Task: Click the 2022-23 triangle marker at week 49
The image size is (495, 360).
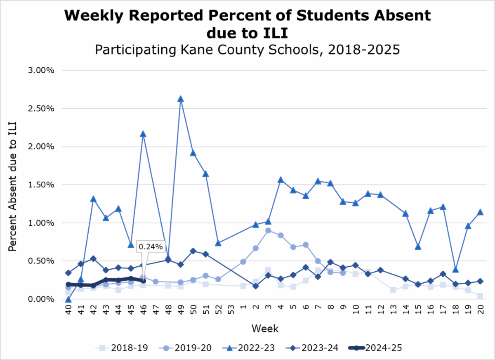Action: [180, 99]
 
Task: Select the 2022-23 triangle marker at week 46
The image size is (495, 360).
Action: [143, 134]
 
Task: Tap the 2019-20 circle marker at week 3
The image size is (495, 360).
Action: [268, 230]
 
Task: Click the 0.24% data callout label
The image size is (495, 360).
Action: [151, 247]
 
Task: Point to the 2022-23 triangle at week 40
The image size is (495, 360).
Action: [68, 299]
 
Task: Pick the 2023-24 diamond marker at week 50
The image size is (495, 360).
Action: [193, 251]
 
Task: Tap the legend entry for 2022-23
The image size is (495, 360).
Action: [247, 348]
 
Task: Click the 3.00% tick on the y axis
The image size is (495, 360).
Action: [42, 71]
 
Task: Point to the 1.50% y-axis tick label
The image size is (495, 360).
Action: [42, 185]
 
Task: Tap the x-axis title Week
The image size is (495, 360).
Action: [265, 329]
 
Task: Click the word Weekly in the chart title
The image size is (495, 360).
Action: [94, 16]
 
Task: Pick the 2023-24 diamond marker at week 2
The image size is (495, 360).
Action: [256, 286]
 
